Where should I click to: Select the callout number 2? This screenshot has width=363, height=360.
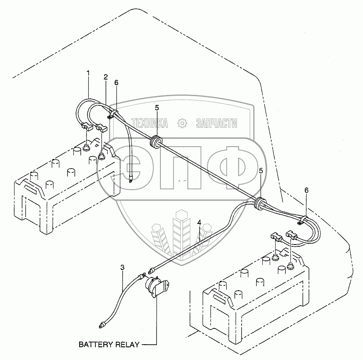coord(105,77)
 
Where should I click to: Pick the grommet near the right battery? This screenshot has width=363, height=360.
coord(260,203)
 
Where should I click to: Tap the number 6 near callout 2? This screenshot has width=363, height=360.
coord(116,83)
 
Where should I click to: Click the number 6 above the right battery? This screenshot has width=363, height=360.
coord(306,190)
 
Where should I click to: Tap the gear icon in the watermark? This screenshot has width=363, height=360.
coord(181,123)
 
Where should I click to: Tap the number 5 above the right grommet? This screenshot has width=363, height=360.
coord(261,171)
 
